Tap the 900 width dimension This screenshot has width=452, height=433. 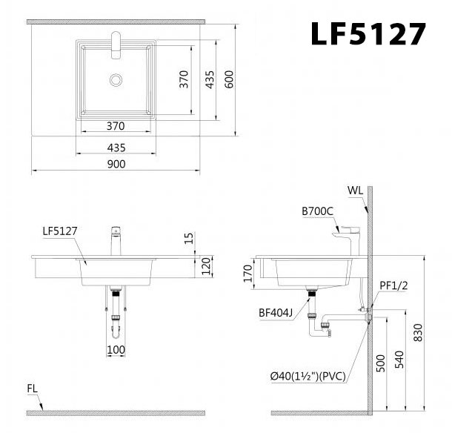(116, 164)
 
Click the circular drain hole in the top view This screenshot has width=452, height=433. (116, 78)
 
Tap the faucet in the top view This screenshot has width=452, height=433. (116, 43)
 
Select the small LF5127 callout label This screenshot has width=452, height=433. (60, 231)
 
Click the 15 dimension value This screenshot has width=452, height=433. (189, 238)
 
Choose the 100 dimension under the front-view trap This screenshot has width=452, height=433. (116, 349)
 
